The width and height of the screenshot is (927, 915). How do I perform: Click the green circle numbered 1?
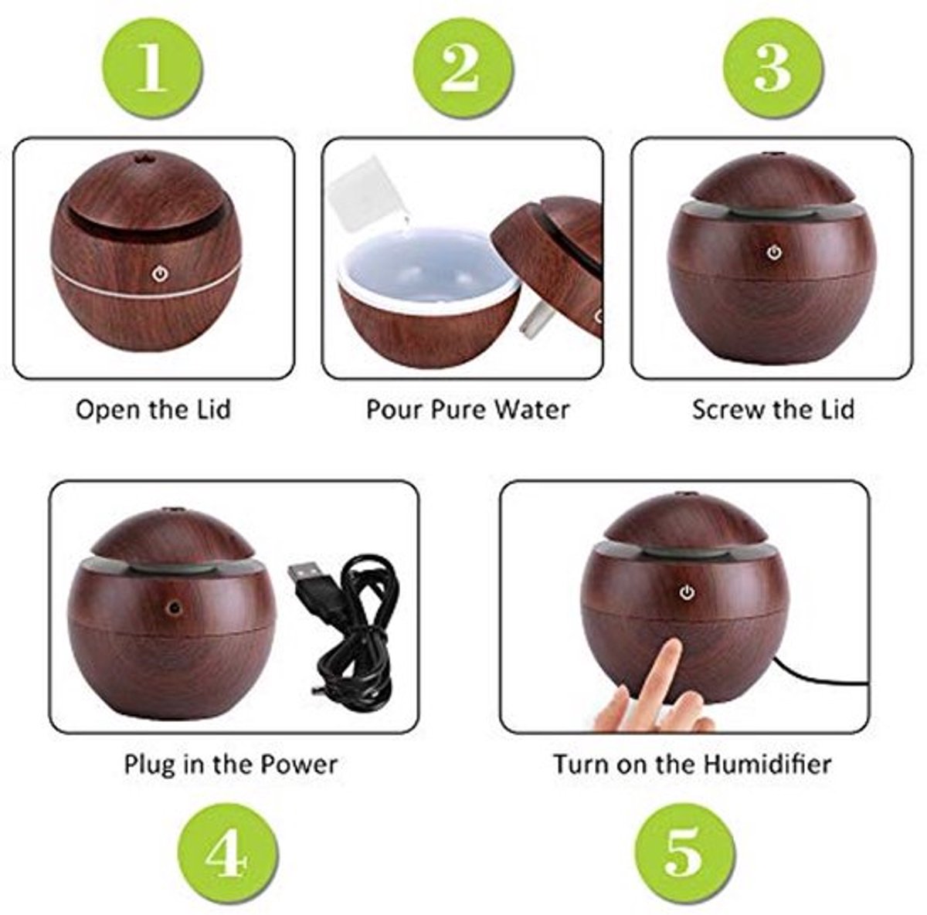(152, 67)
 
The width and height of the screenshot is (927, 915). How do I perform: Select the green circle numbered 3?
(772, 67)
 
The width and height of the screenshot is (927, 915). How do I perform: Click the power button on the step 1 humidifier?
(160, 275)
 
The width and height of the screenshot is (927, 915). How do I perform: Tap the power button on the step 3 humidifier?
(773, 252)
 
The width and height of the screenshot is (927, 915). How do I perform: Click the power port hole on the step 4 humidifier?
(174, 608)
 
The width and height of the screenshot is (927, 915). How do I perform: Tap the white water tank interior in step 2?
(428, 272)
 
